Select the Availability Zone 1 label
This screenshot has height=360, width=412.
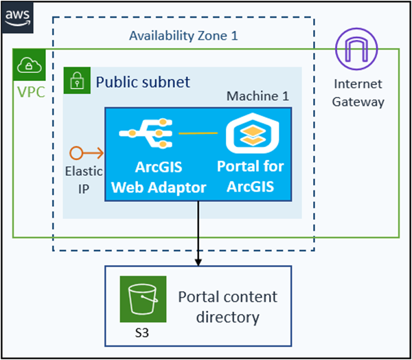coord(183,36)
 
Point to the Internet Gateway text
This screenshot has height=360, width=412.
coord(358,93)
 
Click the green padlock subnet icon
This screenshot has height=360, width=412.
coord(78,82)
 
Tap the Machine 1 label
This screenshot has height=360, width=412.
coord(257,95)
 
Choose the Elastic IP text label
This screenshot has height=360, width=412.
coord(83,179)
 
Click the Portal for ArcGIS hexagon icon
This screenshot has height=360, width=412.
coord(250,133)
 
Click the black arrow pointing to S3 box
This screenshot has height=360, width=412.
coord(198,234)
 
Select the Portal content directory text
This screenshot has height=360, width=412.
coord(228,306)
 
